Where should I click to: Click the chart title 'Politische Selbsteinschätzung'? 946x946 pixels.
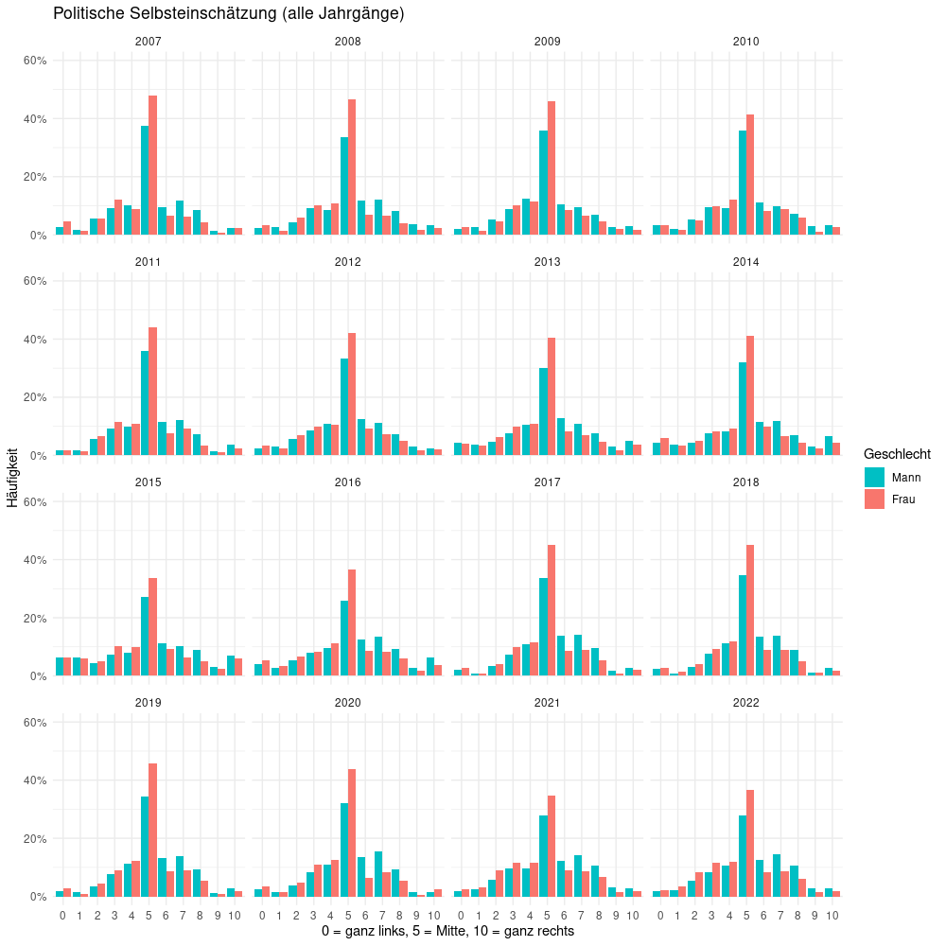click(229, 14)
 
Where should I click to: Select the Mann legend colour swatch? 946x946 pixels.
click(874, 478)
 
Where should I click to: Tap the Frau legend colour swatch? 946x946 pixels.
click(874, 499)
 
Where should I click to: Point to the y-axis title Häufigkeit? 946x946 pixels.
click(12, 478)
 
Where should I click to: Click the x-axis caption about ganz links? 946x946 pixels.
click(447, 932)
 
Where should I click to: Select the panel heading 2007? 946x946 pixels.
click(149, 42)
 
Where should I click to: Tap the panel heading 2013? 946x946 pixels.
click(547, 262)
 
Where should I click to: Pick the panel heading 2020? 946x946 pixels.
click(347, 703)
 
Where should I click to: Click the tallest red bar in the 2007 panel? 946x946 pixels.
click(152, 166)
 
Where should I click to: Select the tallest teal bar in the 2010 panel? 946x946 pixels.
click(743, 183)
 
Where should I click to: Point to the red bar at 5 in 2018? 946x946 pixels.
click(750, 610)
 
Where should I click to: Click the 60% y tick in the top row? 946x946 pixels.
click(35, 61)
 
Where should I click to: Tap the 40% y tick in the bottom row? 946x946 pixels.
click(35, 780)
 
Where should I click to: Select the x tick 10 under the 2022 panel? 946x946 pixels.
click(832, 916)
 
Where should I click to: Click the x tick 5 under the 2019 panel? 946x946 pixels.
click(149, 916)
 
